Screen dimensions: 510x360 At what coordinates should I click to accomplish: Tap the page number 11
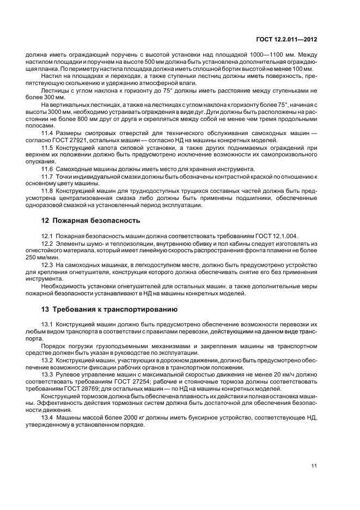(x=315, y=465)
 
